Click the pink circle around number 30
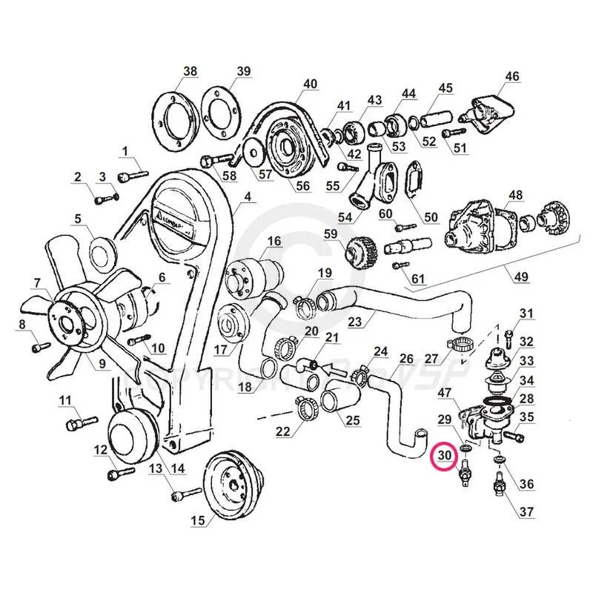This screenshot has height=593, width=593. [x=445, y=454]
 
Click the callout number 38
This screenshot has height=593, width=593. [x=191, y=71]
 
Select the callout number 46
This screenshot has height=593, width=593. [x=512, y=76]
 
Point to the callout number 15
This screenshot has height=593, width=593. [x=196, y=521]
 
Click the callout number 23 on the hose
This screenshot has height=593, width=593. [x=355, y=322]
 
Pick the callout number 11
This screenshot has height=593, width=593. [x=65, y=400]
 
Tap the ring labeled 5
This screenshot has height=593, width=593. [x=102, y=253]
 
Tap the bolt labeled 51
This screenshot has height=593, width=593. [x=448, y=133]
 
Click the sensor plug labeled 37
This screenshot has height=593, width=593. [x=497, y=488]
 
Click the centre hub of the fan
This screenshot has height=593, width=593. [x=64, y=314]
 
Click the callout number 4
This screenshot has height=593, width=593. [x=248, y=197]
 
